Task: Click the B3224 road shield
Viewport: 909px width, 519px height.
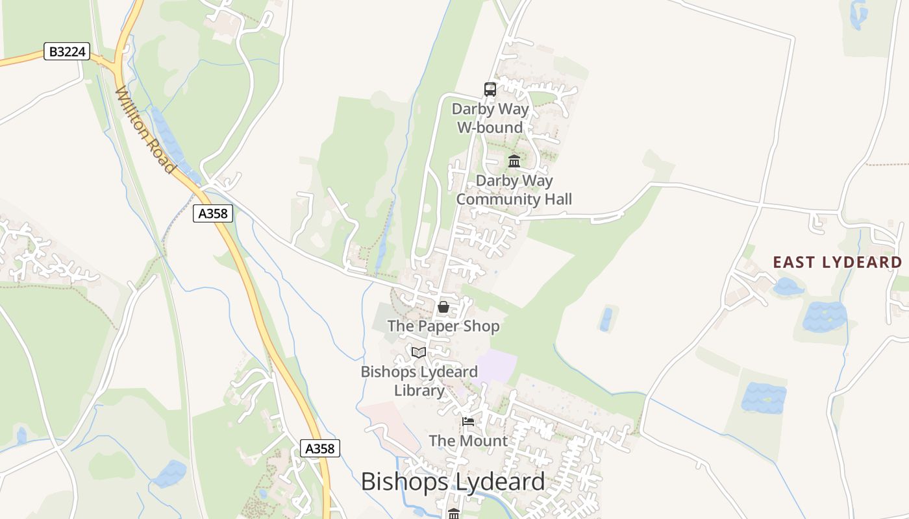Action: point(67,52)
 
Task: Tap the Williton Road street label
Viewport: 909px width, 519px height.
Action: point(145,130)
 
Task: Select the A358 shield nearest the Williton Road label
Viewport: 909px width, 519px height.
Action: point(212,213)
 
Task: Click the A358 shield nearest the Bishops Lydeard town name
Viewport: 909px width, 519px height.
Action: point(320,448)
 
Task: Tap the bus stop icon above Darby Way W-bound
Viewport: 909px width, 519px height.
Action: point(490,90)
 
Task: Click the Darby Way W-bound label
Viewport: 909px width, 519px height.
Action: point(490,118)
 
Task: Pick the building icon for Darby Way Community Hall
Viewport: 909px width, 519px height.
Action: point(514,161)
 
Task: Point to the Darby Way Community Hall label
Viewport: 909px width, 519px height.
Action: point(514,189)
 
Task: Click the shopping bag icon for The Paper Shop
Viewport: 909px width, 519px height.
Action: point(443,307)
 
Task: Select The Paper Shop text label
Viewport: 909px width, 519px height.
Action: point(443,326)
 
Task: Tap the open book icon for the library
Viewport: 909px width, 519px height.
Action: point(419,352)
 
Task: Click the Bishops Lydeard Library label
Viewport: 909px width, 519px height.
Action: point(419,381)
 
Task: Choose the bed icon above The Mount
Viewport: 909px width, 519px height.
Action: point(467,422)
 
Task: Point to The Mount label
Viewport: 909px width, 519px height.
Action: point(468,441)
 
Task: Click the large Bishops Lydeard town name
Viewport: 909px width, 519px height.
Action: point(453,481)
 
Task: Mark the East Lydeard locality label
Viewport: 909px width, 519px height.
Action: point(837,262)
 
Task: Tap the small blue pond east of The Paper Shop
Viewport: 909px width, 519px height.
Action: point(606,319)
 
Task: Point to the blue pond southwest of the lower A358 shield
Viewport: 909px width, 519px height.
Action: point(170,473)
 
